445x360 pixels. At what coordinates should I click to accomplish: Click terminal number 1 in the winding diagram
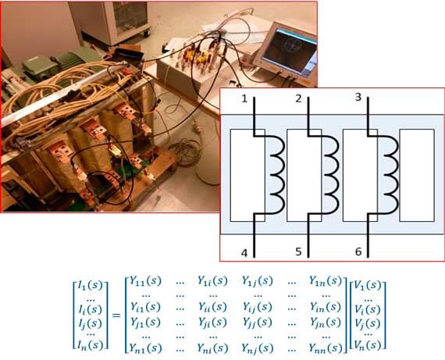(x=244, y=99)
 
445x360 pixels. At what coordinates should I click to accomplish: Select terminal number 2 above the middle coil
(x=298, y=99)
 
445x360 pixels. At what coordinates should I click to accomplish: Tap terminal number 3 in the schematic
(x=358, y=97)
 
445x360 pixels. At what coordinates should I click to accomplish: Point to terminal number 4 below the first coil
(x=244, y=253)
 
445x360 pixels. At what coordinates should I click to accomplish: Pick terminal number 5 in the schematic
(x=298, y=251)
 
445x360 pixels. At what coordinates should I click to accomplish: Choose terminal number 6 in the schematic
(x=358, y=251)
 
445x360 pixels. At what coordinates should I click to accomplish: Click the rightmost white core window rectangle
(x=417, y=175)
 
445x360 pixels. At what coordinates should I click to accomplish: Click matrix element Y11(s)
(x=145, y=281)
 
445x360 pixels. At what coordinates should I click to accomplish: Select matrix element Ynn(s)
(x=326, y=348)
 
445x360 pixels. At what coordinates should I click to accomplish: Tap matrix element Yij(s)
(x=258, y=307)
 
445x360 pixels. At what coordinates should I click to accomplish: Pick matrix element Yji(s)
(x=212, y=322)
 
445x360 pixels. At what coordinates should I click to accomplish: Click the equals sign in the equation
(x=116, y=315)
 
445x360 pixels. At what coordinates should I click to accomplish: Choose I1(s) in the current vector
(x=91, y=285)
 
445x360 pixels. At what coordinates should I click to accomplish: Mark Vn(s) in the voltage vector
(x=368, y=345)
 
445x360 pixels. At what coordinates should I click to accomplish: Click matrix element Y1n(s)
(x=326, y=281)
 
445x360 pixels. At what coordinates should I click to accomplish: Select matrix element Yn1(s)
(x=145, y=348)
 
